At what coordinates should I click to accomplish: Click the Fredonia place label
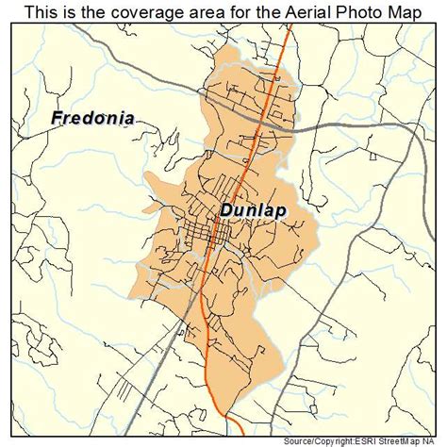tap(92, 120)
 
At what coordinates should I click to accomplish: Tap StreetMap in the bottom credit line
tap(404, 439)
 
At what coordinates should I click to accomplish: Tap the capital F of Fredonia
tap(55, 120)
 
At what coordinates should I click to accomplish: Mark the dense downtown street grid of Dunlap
tap(203, 231)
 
